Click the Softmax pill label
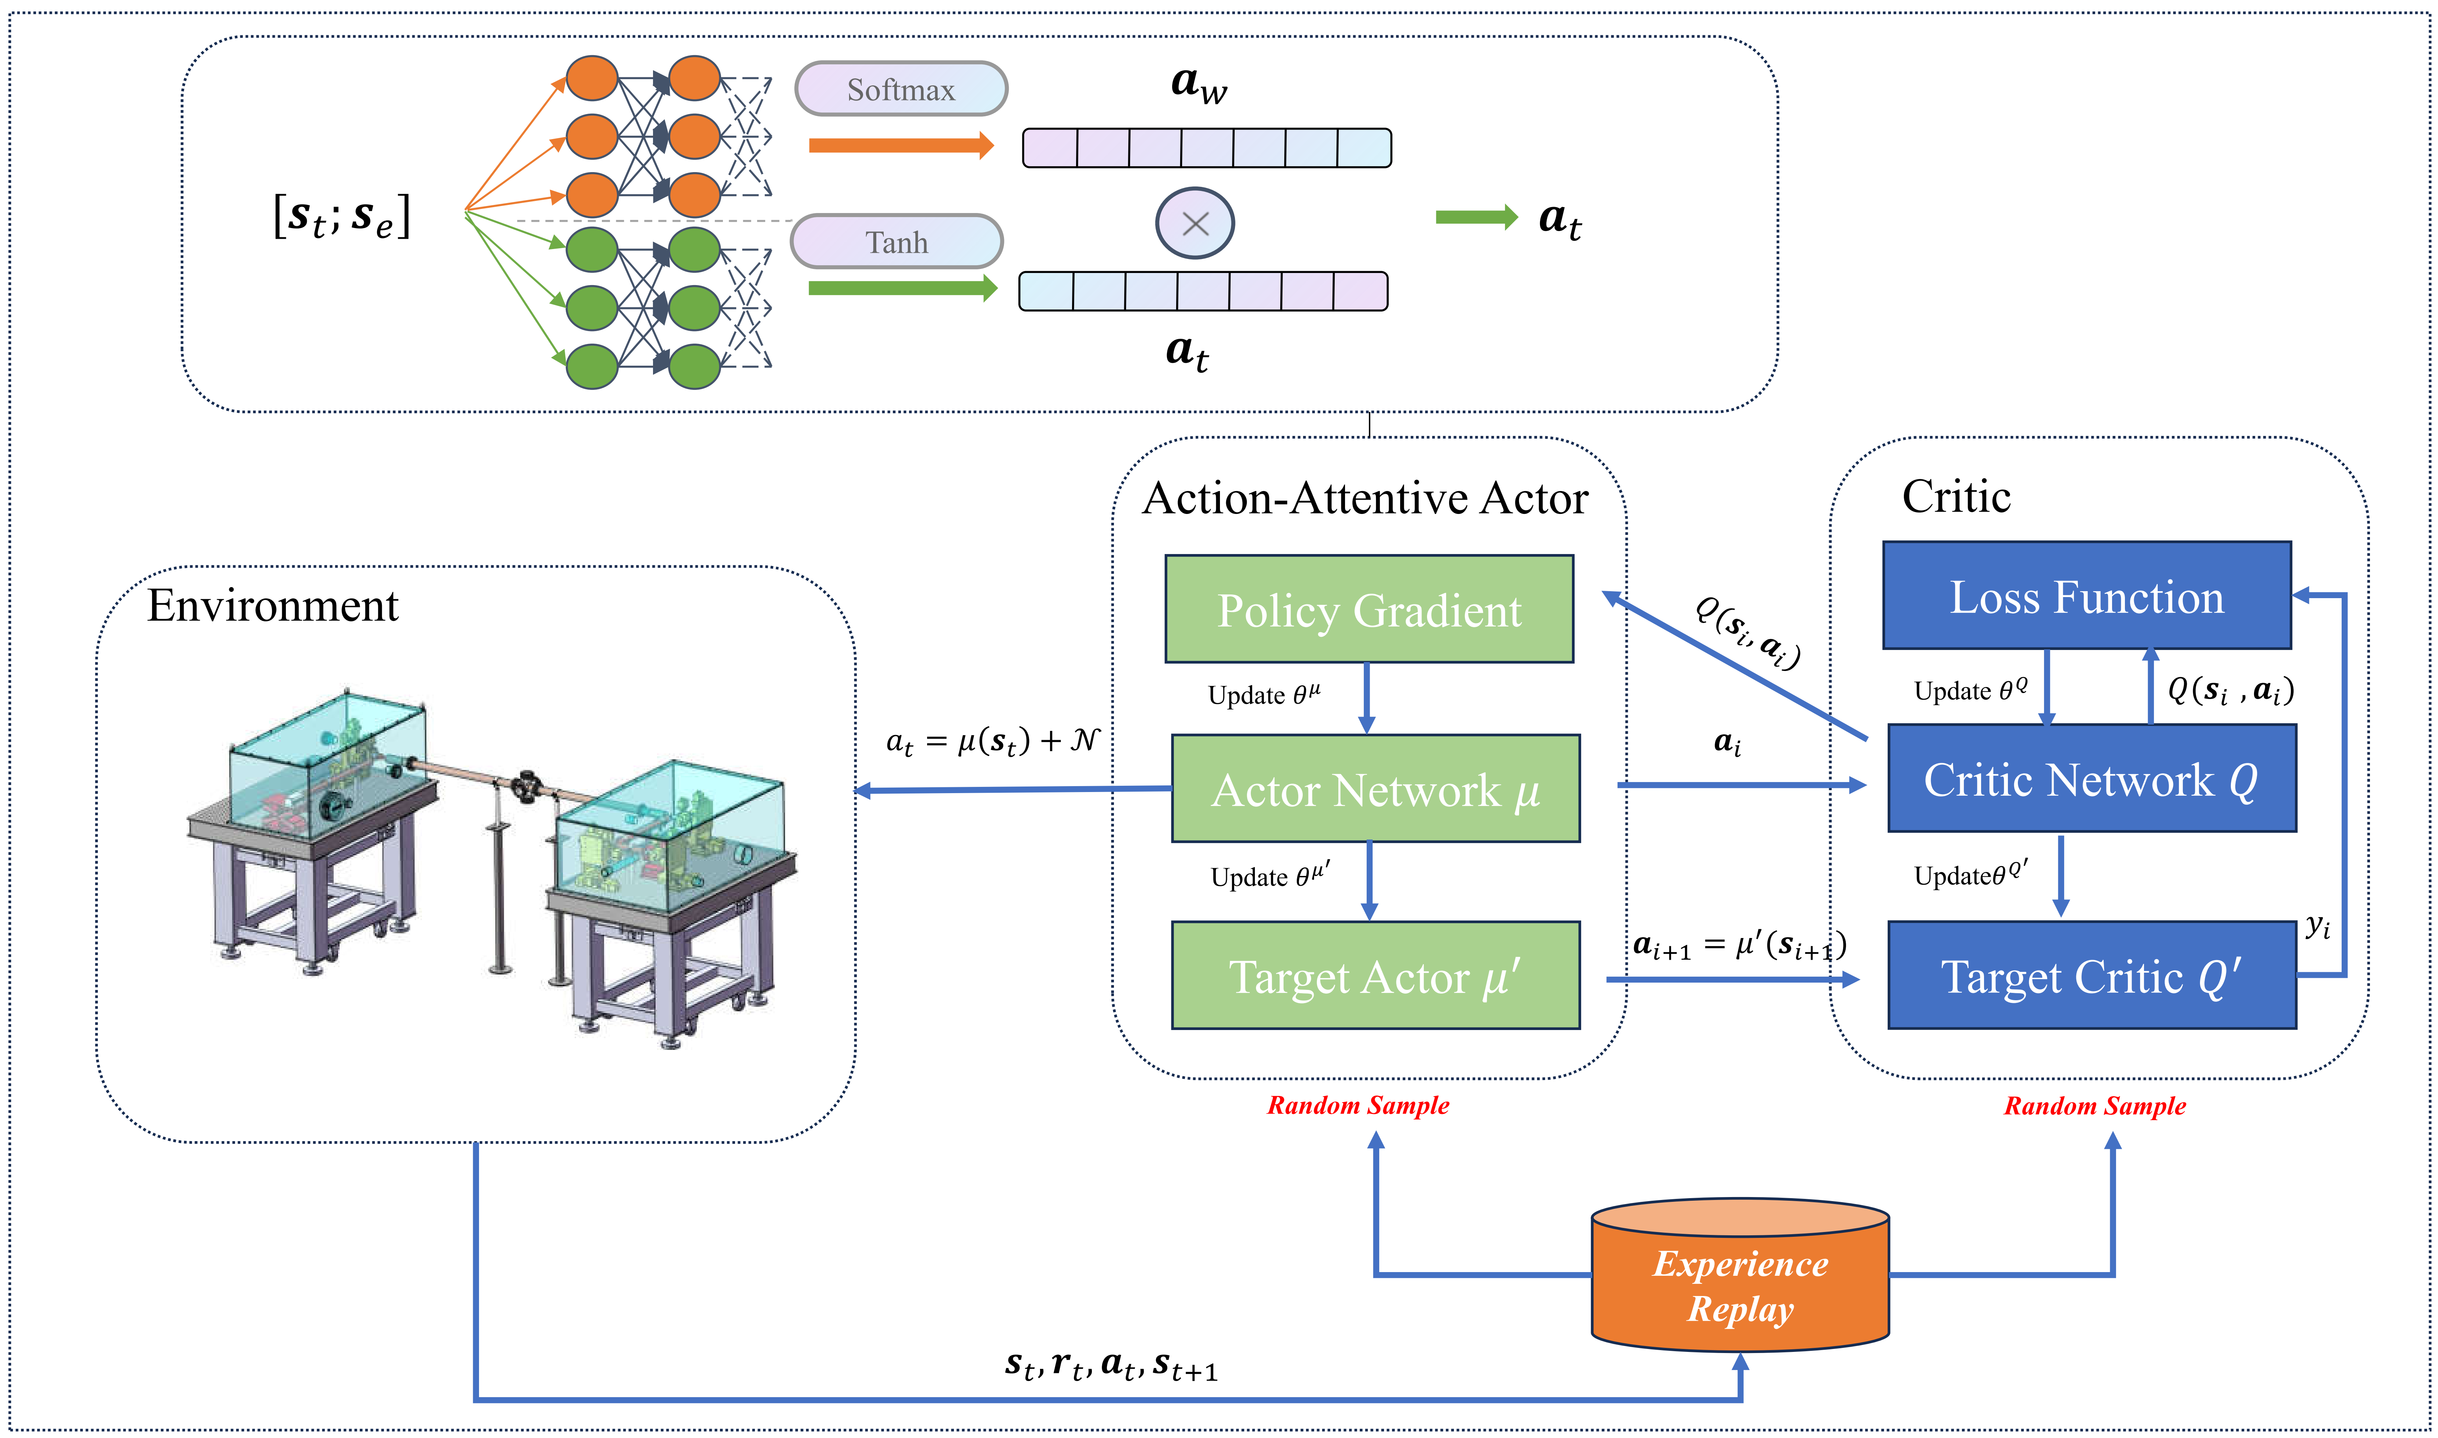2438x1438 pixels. click(x=900, y=89)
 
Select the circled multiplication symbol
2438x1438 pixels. click(x=1195, y=223)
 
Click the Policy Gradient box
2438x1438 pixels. click(x=1368, y=610)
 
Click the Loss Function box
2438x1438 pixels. click(x=2086, y=596)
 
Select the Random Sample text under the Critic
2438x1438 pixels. click(x=2094, y=1106)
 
